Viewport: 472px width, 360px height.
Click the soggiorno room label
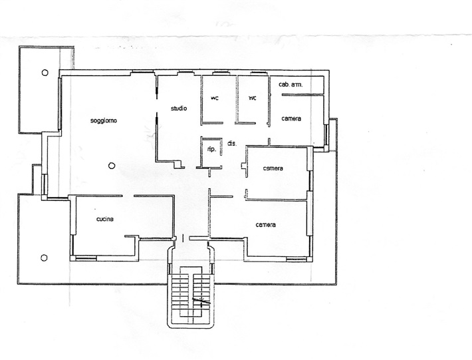point(104,121)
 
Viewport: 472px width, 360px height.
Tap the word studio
point(179,108)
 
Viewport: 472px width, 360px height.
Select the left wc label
point(214,98)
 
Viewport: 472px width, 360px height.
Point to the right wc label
point(252,98)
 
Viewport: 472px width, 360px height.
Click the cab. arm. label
point(291,85)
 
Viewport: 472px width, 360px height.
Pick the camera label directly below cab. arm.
point(291,118)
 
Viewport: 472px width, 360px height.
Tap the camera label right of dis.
point(273,168)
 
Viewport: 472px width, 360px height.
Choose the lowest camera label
point(265,225)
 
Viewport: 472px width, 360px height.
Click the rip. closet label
point(211,150)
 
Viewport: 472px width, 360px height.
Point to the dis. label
point(232,144)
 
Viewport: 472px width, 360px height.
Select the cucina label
point(105,219)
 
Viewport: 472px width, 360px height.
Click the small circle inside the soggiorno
point(112,166)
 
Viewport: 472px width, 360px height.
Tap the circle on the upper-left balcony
point(45,73)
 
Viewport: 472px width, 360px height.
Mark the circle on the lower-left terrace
point(44,258)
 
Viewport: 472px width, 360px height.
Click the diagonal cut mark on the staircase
point(201,300)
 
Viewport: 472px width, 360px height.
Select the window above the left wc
point(221,73)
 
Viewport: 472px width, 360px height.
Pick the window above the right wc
point(259,73)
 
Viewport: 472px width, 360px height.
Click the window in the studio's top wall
point(185,73)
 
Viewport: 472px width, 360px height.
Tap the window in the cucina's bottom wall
point(86,258)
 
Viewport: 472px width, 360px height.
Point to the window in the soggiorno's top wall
point(143,73)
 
